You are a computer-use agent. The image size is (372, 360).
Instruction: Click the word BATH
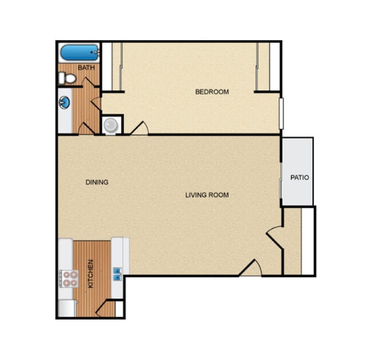coord(86,68)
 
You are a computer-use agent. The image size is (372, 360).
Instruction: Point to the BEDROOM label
coord(212,92)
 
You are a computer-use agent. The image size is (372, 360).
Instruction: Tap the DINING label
coord(97,183)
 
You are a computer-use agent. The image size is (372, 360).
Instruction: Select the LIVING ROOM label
coord(207,195)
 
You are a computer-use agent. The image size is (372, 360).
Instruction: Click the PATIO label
coord(299,177)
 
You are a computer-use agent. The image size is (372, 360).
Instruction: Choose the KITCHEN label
coord(90,274)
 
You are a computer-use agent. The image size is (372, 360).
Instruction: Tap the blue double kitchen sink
coord(117,274)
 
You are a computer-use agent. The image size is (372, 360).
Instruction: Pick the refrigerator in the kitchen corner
coord(67,308)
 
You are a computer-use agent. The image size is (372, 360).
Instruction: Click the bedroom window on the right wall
coord(281,113)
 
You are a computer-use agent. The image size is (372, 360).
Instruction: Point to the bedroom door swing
coord(139,129)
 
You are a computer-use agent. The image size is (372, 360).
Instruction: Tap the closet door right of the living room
coord(274,235)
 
